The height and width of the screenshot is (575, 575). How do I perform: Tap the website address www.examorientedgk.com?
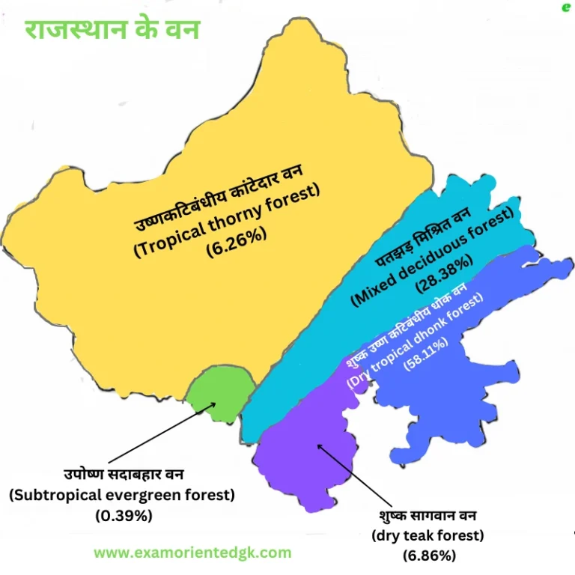pyautogui.click(x=192, y=553)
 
